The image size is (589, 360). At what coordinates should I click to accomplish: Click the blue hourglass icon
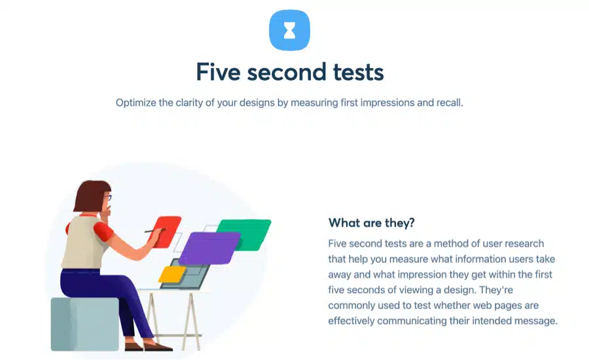point(290,30)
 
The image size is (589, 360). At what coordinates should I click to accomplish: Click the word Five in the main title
point(218,72)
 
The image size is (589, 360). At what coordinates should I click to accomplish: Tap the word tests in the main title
point(359,72)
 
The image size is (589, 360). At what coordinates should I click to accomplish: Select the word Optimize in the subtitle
point(135,103)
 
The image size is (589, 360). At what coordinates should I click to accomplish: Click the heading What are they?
point(372,223)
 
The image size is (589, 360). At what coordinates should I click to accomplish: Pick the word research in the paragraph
point(524,243)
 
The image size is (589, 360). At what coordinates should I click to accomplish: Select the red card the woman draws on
point(166,232)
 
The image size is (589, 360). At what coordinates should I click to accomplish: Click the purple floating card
point(209,248)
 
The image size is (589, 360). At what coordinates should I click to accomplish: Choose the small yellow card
point(172,274)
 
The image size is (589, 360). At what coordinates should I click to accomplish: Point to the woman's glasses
point(108,197)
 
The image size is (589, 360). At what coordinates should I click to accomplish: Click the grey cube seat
point(84,324)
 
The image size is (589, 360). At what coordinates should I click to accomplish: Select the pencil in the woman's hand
point(155,230)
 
